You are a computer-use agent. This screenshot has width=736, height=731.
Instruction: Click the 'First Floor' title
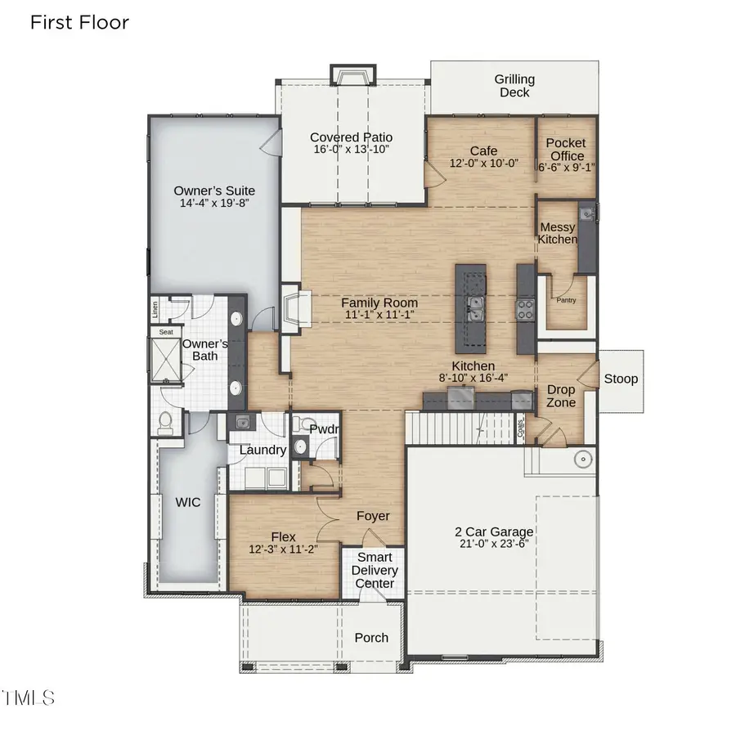click(79, 22)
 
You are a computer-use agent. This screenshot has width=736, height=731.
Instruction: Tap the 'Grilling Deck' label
click(514, 86)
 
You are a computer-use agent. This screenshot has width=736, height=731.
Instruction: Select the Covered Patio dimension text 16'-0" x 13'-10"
click(352, 150)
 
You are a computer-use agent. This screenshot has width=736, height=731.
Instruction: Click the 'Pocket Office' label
click(566, 150)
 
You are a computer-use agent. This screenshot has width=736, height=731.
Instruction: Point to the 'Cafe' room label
click(484, 151)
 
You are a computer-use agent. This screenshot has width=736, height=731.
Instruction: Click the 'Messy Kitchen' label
click(557, 233)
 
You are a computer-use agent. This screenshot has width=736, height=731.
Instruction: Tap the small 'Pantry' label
click(566, 300)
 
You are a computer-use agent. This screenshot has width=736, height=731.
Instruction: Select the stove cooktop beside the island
click(524, 308)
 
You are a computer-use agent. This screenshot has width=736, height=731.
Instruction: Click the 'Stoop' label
click(621, 379)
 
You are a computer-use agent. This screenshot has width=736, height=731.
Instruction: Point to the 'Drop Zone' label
click(561, 397)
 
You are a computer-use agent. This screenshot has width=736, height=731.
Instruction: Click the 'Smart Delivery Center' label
click(375, 570)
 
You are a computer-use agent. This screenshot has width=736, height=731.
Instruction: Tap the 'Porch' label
click(371, 638)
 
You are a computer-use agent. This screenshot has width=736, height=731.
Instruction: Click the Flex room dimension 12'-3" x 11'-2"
click(283, 549)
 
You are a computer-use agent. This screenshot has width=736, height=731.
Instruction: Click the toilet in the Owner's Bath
click(164, 423)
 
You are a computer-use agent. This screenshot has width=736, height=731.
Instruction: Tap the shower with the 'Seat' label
click(167, 358)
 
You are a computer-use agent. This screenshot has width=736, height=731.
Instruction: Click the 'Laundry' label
click(263, 450)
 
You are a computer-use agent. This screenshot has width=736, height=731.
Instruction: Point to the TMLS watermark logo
click(29, 697)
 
